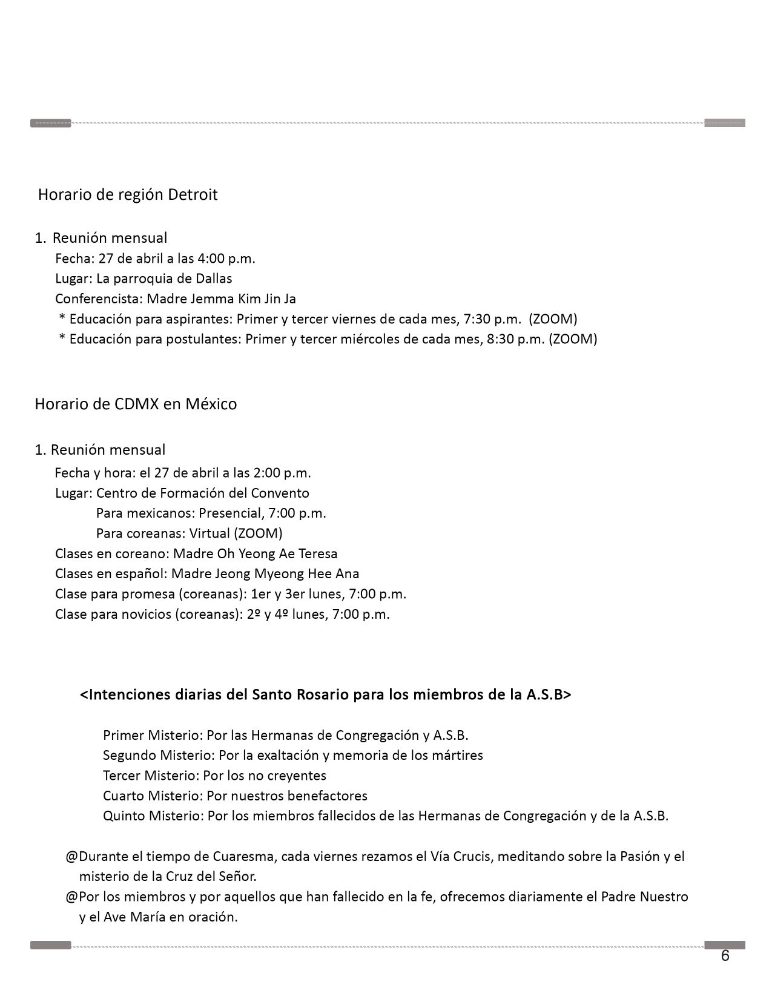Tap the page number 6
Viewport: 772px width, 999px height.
[x=725, y=956]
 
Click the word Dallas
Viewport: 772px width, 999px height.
[x=214, y=279]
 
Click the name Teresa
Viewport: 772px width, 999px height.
[x=318, y=553]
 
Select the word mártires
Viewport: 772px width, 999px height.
[x=458, y=755]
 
